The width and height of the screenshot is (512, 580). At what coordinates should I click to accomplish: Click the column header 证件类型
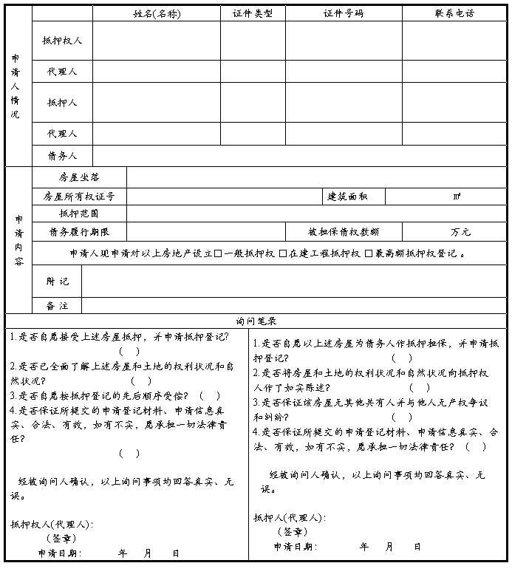(x=253, y=13)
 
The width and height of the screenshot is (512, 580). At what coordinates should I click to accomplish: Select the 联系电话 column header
(x=454, y=13)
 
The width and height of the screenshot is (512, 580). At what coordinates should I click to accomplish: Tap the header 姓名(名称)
(x=156, y=13)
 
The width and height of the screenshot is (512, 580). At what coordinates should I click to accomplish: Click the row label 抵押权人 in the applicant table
(x=62, y=41)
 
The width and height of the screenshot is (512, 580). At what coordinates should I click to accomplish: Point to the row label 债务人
(x=62, y=156)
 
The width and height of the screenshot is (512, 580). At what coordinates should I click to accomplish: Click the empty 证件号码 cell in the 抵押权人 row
(x=344, y=41)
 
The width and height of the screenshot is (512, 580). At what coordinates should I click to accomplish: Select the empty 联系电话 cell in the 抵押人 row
(x=454, y=102)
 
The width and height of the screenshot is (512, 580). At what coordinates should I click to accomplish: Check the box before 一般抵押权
(x=219, y=253)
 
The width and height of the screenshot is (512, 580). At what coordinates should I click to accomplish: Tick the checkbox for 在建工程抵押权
(x=283, y=253)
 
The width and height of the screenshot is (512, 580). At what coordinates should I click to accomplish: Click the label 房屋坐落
(x=79, y=177)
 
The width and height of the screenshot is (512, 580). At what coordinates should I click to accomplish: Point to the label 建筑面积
(x=347, y=197)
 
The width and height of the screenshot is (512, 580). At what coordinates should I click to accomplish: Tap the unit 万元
(x=460, y=232)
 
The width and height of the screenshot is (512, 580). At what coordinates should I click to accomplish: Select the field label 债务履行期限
(x=79, y=232)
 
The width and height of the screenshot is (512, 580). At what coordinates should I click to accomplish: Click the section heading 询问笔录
(x=256, y=321)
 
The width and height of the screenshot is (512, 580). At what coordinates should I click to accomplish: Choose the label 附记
(x=57, y=281)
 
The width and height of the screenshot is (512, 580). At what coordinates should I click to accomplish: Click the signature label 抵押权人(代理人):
(x=51, y=524)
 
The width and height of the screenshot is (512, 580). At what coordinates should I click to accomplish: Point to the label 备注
(x=57, y=305)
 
